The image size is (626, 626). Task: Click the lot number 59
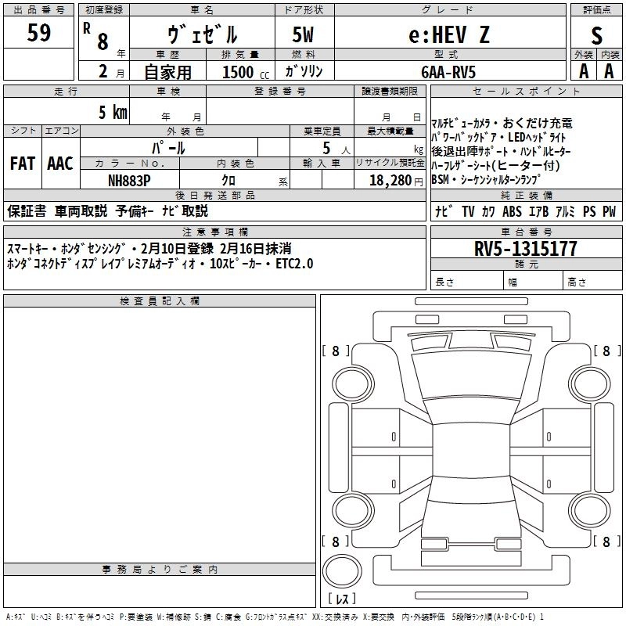[x=39, y=34]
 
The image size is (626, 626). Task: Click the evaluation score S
[x=597, y=35]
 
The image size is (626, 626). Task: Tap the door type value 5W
[x=304, y=34]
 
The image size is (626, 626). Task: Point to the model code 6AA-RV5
[x=448, y=71]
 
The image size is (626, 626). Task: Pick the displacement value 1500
[x=238, y=72]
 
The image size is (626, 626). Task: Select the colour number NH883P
[x=130, y=180]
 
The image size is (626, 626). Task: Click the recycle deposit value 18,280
[x=383, y=180]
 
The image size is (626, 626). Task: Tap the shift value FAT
[x=22, y=164]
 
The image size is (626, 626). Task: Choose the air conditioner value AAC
[x=60, y=164]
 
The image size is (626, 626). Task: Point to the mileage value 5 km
[x=112, y=112]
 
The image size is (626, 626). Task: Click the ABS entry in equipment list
[x=512, y=211]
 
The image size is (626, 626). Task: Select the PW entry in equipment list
[x=609, y=211]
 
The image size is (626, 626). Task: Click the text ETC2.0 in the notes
[x=294, y=263]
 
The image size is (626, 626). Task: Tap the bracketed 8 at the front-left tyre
[x=336, y=351]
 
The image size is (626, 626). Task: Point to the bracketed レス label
[x=342, y=599]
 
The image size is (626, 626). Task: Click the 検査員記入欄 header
[x=160, y=301]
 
